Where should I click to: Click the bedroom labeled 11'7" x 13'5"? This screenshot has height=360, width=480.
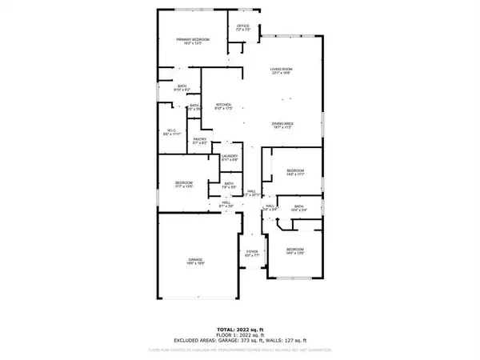(185, 186)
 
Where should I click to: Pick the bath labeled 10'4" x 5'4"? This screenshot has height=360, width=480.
(299, 208)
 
